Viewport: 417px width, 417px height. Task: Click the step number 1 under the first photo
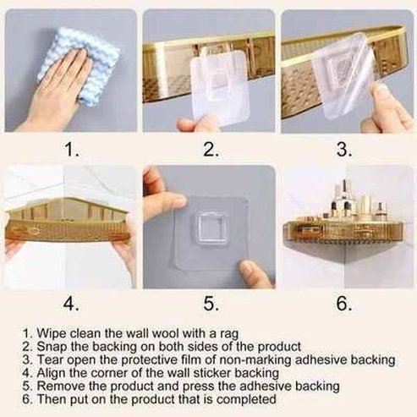pos(72,150)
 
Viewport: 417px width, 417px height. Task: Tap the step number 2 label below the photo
pos(211,150)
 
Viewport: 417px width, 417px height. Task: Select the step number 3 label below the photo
pos(344,150)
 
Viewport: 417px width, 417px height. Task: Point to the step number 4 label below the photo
pos(71,304)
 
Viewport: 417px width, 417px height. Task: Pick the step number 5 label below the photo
pos(211,304)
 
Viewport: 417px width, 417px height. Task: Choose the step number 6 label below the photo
pos(344,304)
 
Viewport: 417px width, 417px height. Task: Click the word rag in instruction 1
pos(228,334)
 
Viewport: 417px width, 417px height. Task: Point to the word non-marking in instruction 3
pos(255,360)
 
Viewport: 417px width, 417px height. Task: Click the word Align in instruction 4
pos(52,373)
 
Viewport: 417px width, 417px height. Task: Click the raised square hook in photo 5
pos(210,228)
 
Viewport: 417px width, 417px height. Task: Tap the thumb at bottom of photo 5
pos(255,273)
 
